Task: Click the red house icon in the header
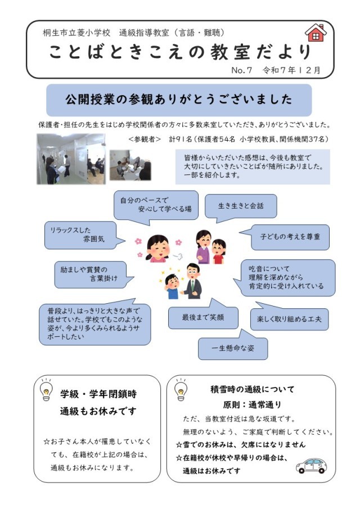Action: point(316,33)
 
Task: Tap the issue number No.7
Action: point(241,70)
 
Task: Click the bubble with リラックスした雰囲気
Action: point(83,235)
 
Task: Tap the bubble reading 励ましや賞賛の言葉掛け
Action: point(92,274)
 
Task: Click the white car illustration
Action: point(311,466)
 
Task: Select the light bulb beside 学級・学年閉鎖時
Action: point(46,389)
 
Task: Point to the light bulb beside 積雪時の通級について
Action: point(181,389)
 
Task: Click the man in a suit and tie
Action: point(192,281)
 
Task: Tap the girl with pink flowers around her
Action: point(158,249)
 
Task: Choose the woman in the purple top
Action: point(203,247)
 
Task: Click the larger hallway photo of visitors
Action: point(71,159)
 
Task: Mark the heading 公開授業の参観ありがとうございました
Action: point(179,100)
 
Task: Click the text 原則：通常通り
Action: point(252,405)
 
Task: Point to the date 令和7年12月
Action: point(291,70)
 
